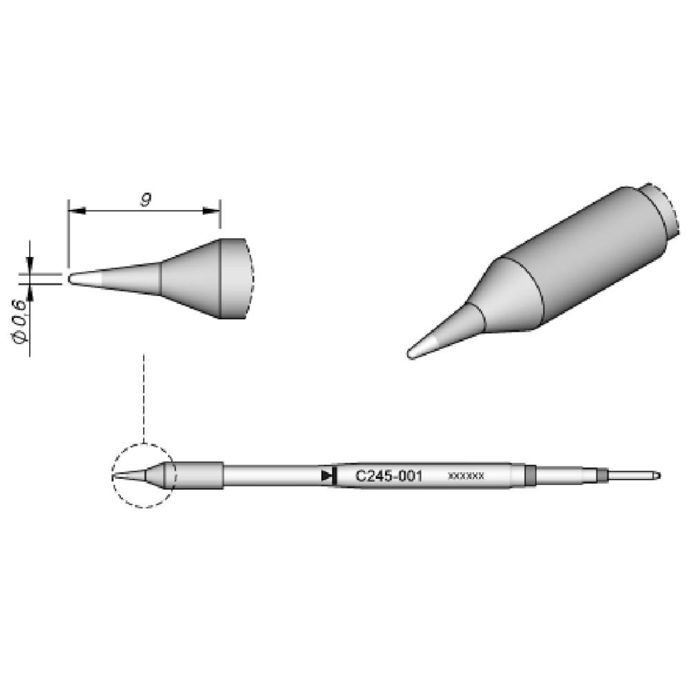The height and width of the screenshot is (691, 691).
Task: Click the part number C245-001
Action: (388, 476)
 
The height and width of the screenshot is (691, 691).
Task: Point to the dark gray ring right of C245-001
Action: (531, 475)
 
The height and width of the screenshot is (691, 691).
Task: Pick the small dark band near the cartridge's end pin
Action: (601, 475)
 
